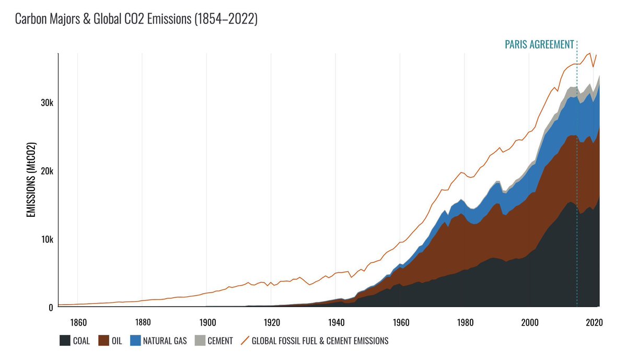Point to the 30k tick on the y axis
coord(46,103)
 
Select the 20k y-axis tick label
coord(46,171)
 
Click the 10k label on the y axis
coord(46,239)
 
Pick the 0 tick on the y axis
coord(51,308)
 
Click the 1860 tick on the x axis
coord(77,322)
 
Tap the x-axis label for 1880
coord(142,322)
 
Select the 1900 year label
coord(207,322)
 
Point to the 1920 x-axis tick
coord(272,322)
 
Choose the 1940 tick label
coord(336,322)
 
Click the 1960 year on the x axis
coord(401,322)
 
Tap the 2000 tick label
coord(530,322)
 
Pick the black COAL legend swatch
coord(65,341)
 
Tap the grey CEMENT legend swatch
coord(199,341)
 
